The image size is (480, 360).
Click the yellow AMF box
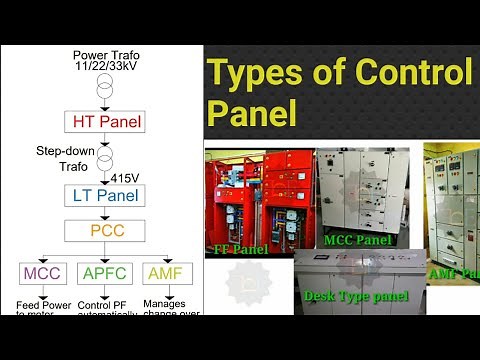(x=165, y=272)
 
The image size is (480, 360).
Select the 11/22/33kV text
(x=104, y=66)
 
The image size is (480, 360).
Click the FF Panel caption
(x=239, y=249)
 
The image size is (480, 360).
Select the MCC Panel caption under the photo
(x=358, y=239)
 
